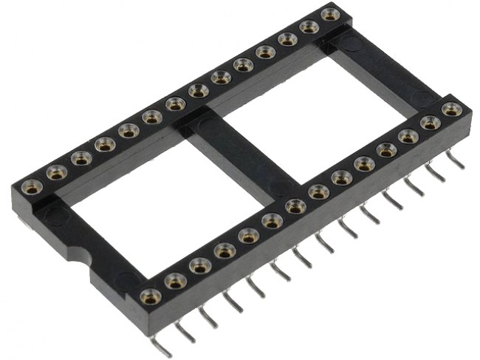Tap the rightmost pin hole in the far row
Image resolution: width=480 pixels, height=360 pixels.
pos(331,14)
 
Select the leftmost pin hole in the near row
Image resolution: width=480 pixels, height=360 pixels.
pos(150,295)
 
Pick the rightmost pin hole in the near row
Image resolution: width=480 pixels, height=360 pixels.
pos(450,109)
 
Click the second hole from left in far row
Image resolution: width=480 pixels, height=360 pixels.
pos(56,172)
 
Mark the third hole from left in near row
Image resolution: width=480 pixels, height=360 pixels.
pos(199,265)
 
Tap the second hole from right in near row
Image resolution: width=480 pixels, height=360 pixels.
pos(430,122)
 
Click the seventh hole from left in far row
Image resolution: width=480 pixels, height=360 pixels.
pos(175,103)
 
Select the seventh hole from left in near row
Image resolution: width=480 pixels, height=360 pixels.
pos(295,206)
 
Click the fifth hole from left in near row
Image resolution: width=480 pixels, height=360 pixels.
pos(248,235)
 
